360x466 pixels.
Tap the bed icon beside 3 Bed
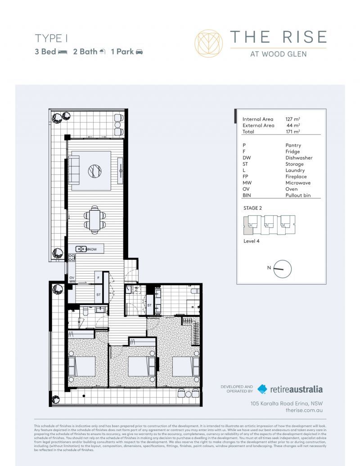coord(63,52)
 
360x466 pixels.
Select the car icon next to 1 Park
coord(139,52)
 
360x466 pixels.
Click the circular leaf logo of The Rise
coord(208,43)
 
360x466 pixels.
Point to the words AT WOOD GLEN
coord(278,54)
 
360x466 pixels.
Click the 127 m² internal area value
coord(293,119)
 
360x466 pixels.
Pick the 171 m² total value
coord(293,132)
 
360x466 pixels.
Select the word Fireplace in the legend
coord(296,177)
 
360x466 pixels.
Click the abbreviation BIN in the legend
coord(247,196)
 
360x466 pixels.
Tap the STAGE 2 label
coord(252,208)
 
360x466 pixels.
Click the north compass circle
coord(283,269)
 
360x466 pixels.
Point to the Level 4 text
coord(251,241)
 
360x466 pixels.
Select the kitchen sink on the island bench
coord(81,249)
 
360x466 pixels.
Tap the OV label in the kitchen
coord(72,278)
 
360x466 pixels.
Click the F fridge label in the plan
coord(98,278)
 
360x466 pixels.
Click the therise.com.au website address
coord(304,411)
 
